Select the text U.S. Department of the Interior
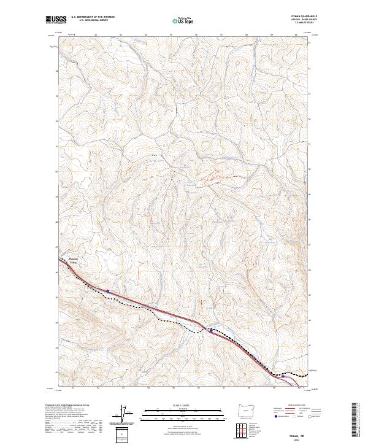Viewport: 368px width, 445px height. (93, 17)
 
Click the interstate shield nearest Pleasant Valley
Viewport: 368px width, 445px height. (108, 291)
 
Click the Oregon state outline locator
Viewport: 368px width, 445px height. (246, 411)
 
